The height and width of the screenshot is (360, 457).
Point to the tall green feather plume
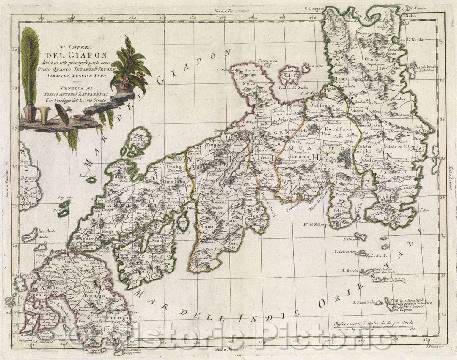(x=30, y=63)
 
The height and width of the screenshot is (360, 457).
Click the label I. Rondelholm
(x=364, y=302)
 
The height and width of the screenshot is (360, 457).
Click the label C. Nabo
(x=407, y=15)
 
